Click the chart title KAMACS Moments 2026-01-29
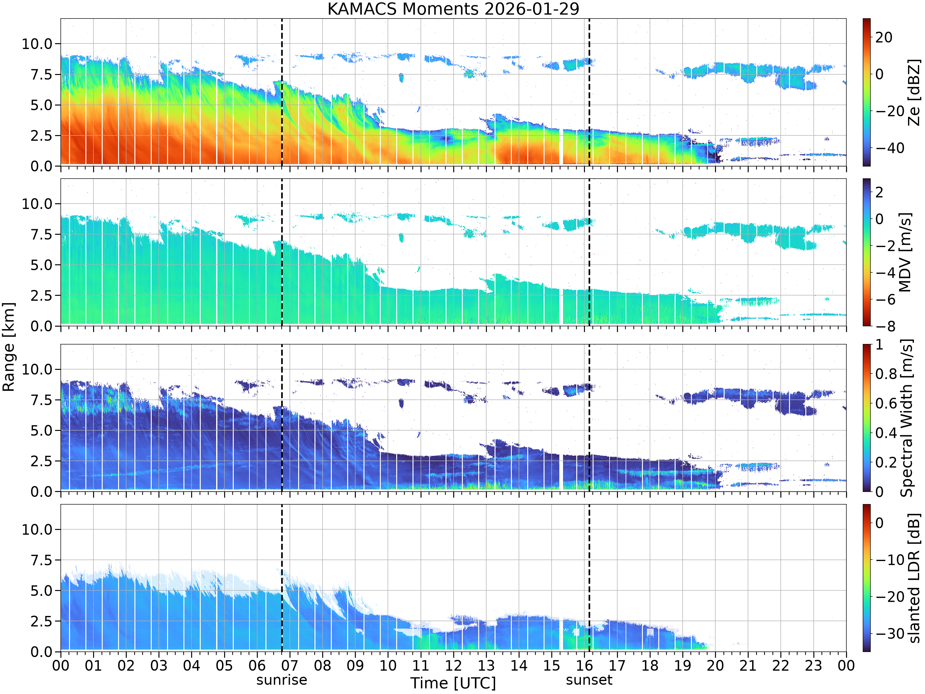click(x=453, y=9)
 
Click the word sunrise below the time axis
click(x=282, y=680)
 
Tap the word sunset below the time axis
click(x=589, y=680)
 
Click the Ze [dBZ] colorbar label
click(x=914, y=92)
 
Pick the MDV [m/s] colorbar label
click(x=905, y=252)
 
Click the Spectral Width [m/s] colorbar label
click(x=906, y=418)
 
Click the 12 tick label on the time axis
click(x=453, y=665)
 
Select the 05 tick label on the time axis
click(x=224, y=665)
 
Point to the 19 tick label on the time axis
click(x=682, y=665)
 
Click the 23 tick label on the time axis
click(x=813, y=665)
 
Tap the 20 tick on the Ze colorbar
click(x=884, y=37)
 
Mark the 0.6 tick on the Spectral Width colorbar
click(x=886, y=403)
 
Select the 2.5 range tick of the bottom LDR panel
click(x=41, y=621)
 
